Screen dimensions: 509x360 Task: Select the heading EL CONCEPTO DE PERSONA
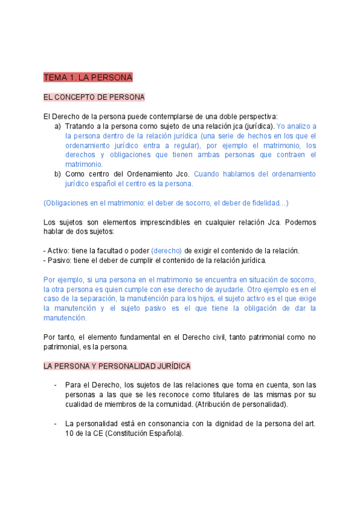(x=94, y=97)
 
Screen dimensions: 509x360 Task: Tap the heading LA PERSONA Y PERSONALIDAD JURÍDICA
(x=117, y=366)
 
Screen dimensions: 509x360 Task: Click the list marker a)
(x=58, y=126)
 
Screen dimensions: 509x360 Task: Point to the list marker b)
(x=58, y=174)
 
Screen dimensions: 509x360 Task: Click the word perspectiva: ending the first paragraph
(x=256, y=116)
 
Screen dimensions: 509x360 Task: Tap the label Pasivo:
(x=59, y=261)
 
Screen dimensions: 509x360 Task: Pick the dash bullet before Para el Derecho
(x=55, y=385)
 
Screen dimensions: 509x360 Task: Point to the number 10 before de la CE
(x=70, y=433)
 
